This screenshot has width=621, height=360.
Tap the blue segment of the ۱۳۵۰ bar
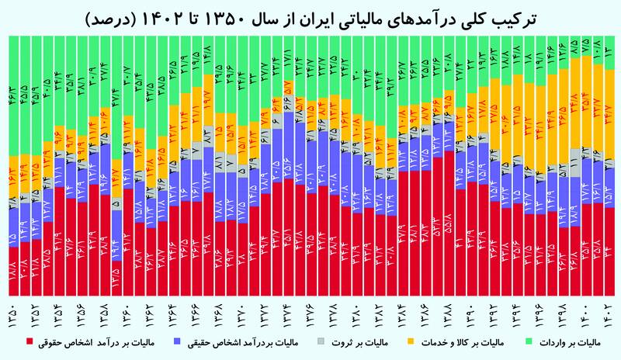tap(12, 225)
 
